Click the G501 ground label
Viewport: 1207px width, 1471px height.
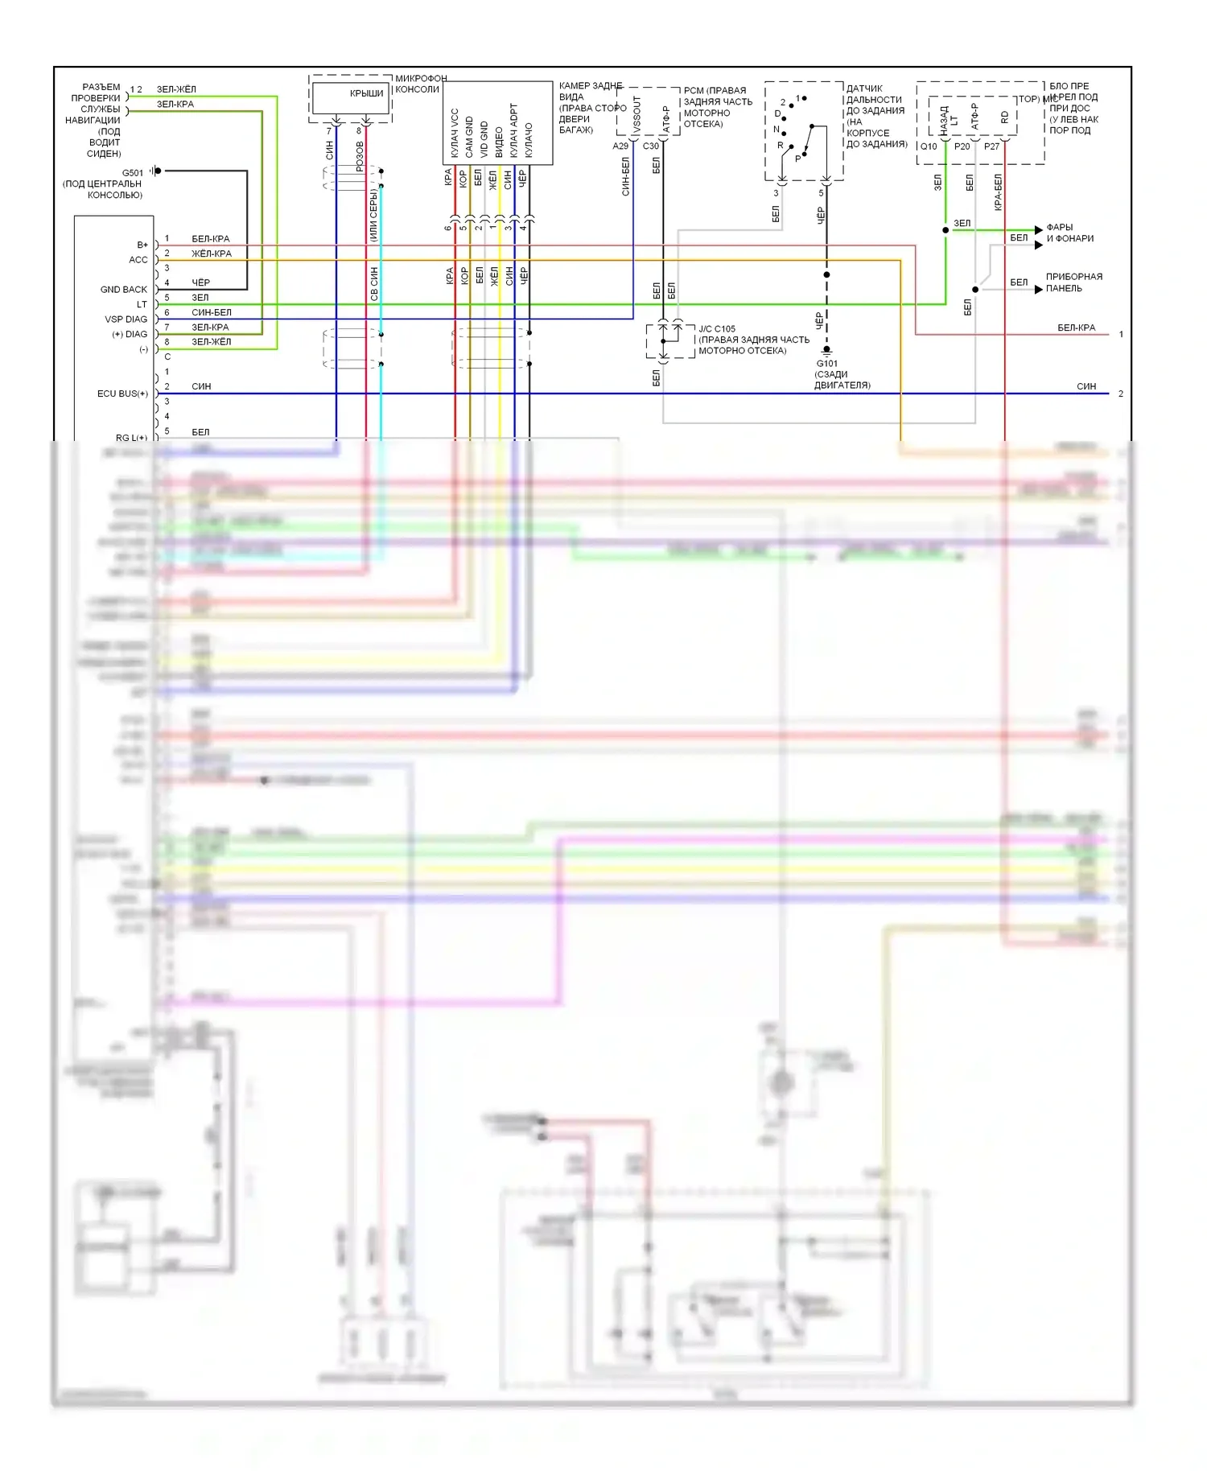(132, 172)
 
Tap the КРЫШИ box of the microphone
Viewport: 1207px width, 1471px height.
(366, 94)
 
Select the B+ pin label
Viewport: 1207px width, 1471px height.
(142, 245)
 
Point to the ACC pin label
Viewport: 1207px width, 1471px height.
(138, 260)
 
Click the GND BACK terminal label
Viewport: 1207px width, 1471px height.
(124, 290)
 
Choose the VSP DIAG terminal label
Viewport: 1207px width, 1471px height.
(126, 319)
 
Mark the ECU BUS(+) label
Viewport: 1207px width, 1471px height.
(122, 394)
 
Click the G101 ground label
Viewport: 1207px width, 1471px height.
(826, 364)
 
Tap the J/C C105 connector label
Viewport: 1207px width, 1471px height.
(716, 329)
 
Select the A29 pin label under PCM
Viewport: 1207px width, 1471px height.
(620, 146)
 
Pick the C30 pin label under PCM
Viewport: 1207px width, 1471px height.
(650, 146)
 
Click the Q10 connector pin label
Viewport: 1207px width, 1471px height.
(929, 146)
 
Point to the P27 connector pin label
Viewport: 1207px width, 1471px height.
(991, 146)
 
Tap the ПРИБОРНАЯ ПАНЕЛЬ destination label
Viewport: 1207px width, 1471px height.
(1073, 282)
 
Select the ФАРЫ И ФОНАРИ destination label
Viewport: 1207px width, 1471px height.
(1069, 233)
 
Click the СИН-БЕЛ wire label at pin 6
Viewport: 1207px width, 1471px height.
(211, 312)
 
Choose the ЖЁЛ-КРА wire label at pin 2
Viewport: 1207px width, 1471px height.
(211, 253)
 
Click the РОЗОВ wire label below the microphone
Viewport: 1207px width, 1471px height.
(360, 156)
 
